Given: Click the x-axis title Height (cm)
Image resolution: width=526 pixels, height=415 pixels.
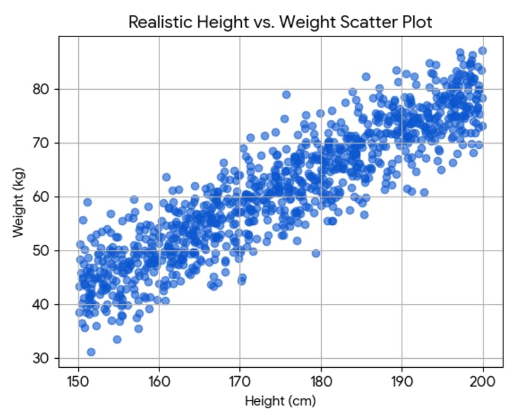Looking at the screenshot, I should tap(280, 400).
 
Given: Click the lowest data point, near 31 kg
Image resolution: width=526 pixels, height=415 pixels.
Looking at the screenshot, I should tap(91, 352).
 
